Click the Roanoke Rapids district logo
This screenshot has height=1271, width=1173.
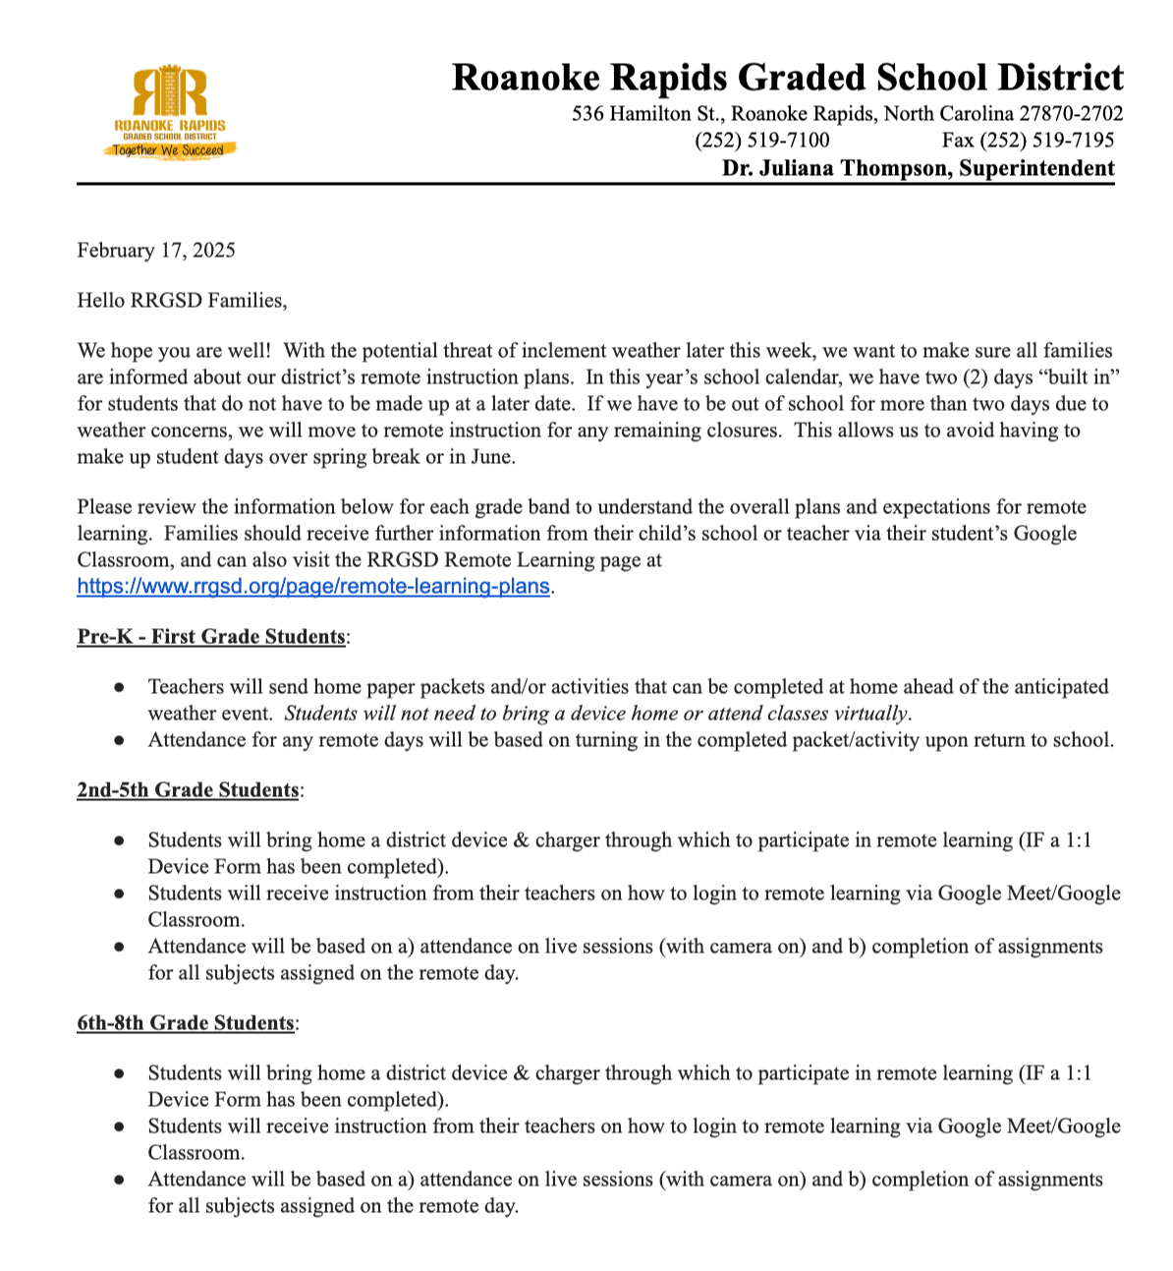[170, 110]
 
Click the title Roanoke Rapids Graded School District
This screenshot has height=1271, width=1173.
[787, 78]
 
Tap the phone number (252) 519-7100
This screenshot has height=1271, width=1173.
[761, 141]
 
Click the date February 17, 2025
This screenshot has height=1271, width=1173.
[156, 250]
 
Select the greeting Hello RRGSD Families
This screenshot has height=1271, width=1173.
[182, 300]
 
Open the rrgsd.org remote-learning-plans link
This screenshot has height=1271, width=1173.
[313, 587]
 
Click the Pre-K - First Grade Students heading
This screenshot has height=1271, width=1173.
[211, 637]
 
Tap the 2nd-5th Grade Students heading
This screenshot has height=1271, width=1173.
[188, 790]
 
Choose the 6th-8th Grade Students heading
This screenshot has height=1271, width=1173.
[186, 1023]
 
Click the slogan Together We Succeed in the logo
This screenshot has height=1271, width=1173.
[168, 150]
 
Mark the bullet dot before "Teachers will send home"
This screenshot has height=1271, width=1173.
[119, 687]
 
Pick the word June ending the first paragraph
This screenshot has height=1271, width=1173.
[493, 457]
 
